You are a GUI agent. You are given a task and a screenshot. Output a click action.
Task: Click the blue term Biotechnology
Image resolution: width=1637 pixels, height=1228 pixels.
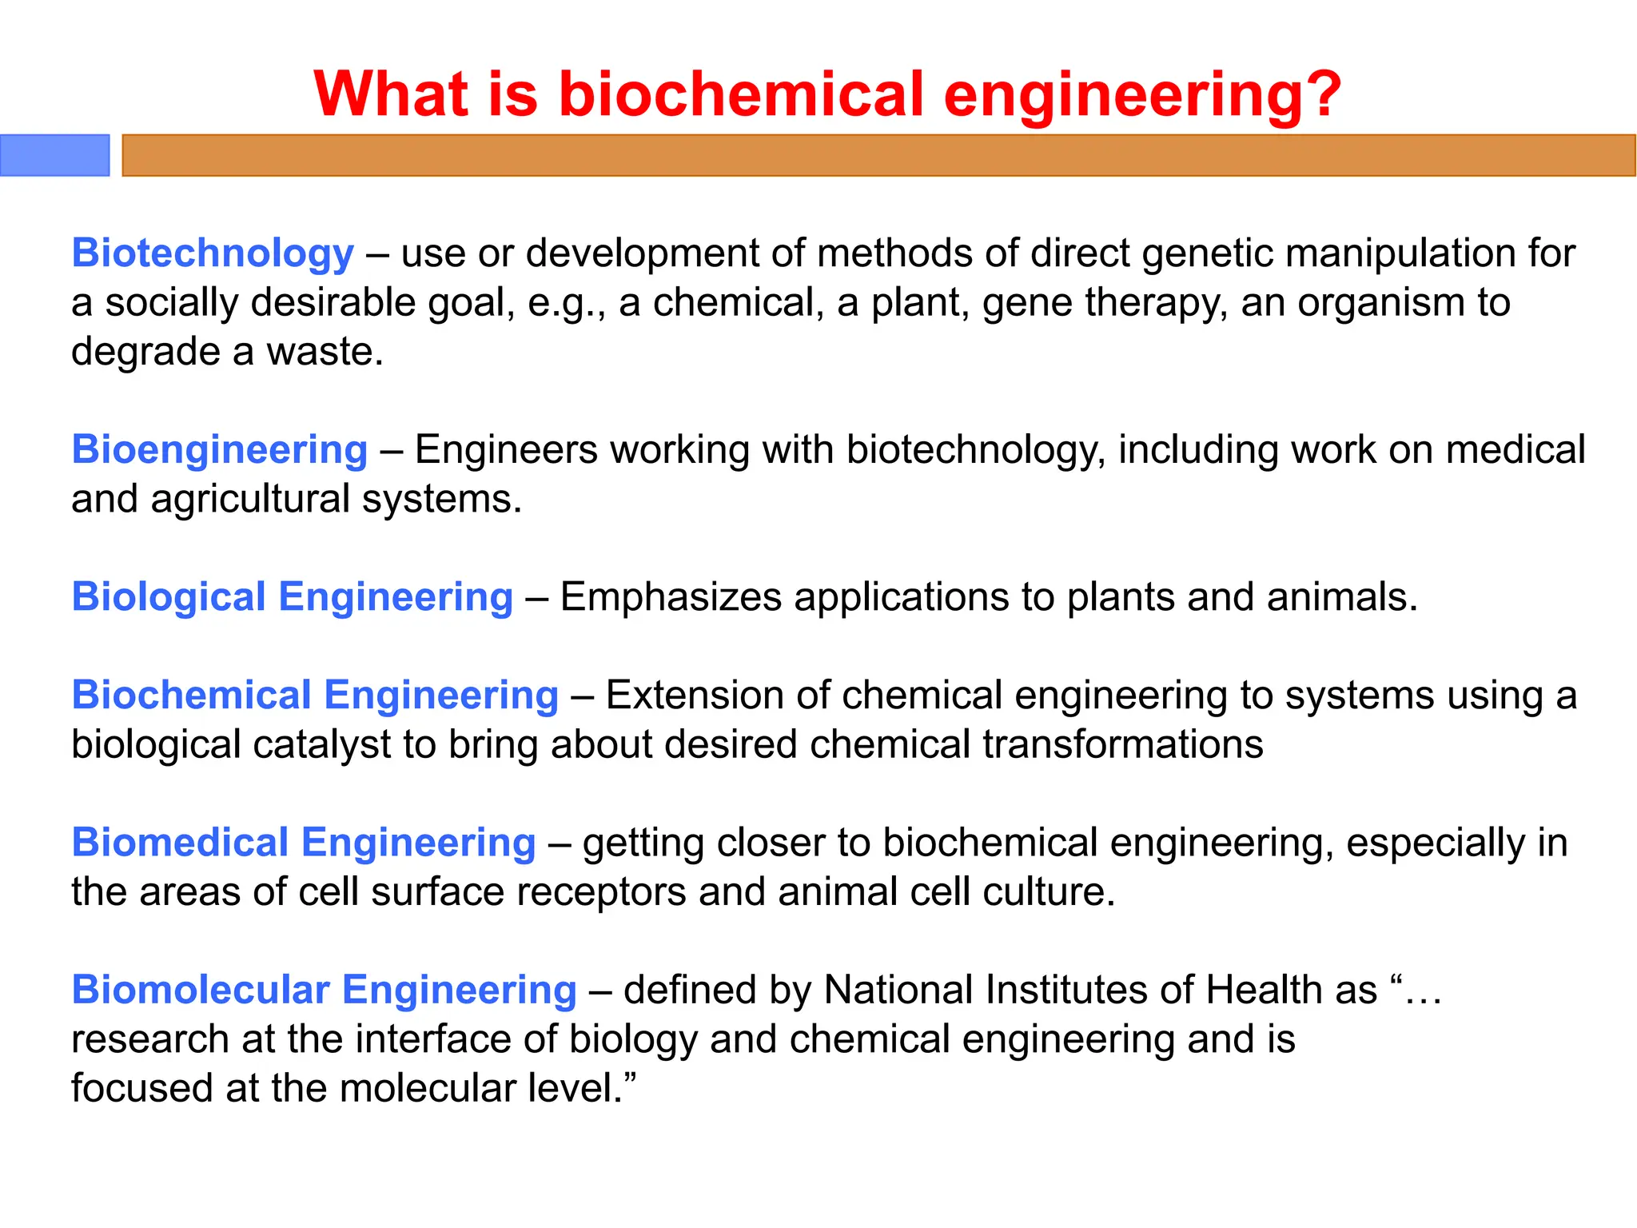tap(213, 253)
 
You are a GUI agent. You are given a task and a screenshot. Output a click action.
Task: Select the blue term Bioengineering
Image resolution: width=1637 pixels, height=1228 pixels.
tap(219, 449)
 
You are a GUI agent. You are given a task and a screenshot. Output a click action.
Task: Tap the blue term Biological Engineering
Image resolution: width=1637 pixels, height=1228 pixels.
tap(292, 597)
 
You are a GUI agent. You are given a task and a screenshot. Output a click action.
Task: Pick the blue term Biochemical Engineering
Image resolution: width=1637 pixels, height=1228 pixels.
tap(315, 695)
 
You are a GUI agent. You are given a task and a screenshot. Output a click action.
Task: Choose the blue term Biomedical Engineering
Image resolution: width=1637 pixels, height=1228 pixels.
tap(303, 843)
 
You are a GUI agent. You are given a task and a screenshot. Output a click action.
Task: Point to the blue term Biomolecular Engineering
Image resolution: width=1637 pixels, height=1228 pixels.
tap(324, 990)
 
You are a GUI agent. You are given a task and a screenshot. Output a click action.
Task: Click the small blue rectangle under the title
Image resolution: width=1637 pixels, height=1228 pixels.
tap(54, 155)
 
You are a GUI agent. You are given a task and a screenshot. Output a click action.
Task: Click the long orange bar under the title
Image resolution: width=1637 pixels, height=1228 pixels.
tap(878, 155)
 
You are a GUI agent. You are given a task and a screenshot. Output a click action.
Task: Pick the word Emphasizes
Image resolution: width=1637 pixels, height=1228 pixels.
tap(670, 597)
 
